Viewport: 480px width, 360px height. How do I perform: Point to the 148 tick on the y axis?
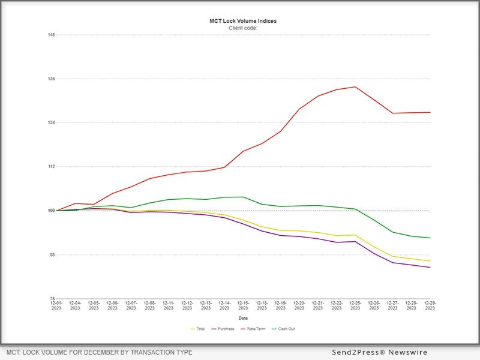click(x=51, y=35)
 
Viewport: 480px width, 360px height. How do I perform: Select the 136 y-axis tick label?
click(x=51, y=79)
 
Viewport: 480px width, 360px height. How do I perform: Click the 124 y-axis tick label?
click(x=51, y=123)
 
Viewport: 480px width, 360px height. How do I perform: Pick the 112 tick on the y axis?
click(x=51, y=167)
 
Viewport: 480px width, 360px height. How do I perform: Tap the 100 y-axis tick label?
click(x=51, y=211)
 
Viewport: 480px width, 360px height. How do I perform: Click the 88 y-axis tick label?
click(x=52, y=255)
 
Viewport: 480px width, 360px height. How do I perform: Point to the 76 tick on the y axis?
click(x=52, y=299)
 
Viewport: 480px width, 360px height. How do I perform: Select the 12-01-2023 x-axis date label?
click(x=56, y=305)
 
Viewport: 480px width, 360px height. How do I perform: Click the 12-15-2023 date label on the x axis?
click(x=243, y=305)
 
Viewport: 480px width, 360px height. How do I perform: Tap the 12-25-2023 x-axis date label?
click(x=355, y=305)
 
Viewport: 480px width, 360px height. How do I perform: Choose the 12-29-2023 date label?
click(x=430, y=305)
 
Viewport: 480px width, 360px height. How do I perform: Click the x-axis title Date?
click(x=243, y=318)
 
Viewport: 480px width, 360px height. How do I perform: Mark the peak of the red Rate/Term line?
click(x=355, y=87)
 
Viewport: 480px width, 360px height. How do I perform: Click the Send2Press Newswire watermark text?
click(x=380, y=352)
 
